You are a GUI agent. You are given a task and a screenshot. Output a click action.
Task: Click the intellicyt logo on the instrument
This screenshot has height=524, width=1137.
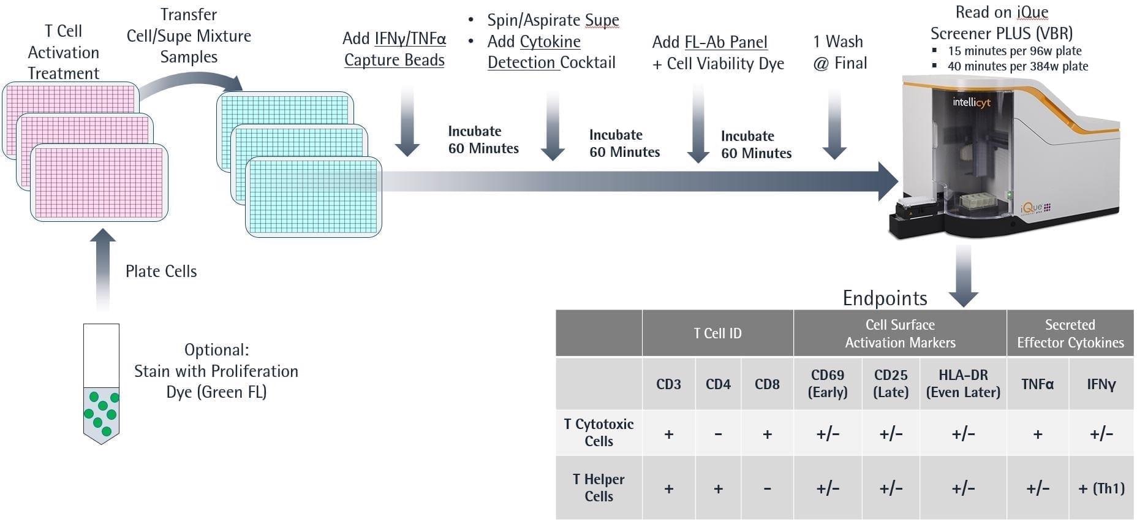971,102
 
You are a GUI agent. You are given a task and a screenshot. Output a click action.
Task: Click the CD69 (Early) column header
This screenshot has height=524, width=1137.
827,384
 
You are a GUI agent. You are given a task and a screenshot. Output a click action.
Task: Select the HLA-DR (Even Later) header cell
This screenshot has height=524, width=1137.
963,384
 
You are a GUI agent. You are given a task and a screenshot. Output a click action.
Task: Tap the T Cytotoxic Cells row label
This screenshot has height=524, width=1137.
599,433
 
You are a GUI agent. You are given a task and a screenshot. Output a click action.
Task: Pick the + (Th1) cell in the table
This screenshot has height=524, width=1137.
1101,488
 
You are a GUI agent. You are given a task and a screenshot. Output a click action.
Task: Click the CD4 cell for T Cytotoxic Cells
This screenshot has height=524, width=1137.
718,434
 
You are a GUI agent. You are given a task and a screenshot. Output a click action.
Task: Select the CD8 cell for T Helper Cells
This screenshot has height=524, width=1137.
767,488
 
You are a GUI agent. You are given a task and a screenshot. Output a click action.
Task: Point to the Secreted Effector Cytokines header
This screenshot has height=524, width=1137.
1070,333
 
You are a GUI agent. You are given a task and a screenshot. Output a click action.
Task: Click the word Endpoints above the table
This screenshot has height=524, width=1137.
885,298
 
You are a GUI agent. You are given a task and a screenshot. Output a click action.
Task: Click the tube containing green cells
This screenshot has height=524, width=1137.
101,383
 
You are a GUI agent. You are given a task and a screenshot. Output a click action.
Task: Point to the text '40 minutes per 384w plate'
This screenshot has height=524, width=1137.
1018,66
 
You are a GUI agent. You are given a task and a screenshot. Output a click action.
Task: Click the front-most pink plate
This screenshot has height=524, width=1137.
99,183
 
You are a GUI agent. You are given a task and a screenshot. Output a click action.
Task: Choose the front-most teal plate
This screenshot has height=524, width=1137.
314,196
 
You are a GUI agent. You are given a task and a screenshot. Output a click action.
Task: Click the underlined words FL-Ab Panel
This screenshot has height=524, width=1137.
726,42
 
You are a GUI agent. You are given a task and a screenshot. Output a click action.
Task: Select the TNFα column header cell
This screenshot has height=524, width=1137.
1037,384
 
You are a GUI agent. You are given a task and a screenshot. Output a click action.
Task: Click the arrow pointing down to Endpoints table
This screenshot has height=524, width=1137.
963,276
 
